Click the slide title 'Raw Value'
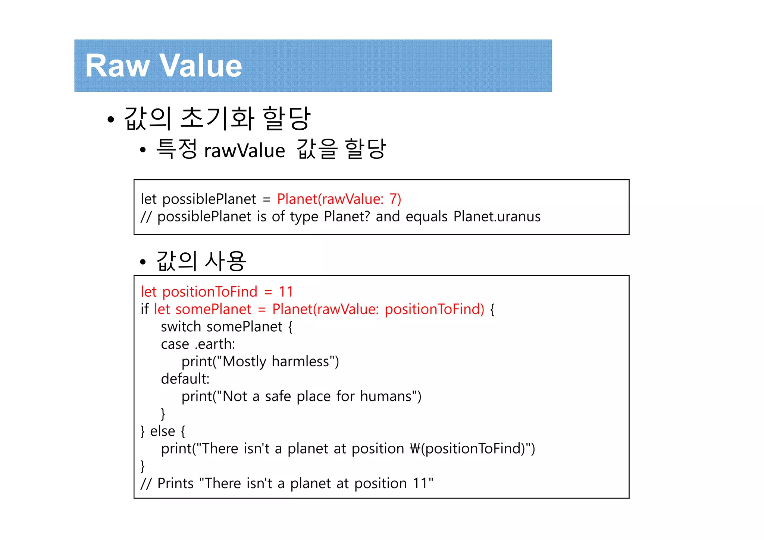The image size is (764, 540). (163, 66)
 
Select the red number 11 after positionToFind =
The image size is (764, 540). (286, 292)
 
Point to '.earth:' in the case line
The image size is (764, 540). (215, 344)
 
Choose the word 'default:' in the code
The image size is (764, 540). (185, 379)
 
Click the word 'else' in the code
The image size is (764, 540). (162, 431)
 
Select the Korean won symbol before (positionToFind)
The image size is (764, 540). (415, 449)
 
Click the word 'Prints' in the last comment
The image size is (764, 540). (175, 483)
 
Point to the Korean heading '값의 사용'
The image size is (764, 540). (201, 261)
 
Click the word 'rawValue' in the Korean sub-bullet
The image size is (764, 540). (244, 151)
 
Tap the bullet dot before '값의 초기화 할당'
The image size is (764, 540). (110, 120)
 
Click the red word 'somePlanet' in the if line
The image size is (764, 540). (213, 309)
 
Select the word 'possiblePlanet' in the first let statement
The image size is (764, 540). (209, 199)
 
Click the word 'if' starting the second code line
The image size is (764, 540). (144, 309)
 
